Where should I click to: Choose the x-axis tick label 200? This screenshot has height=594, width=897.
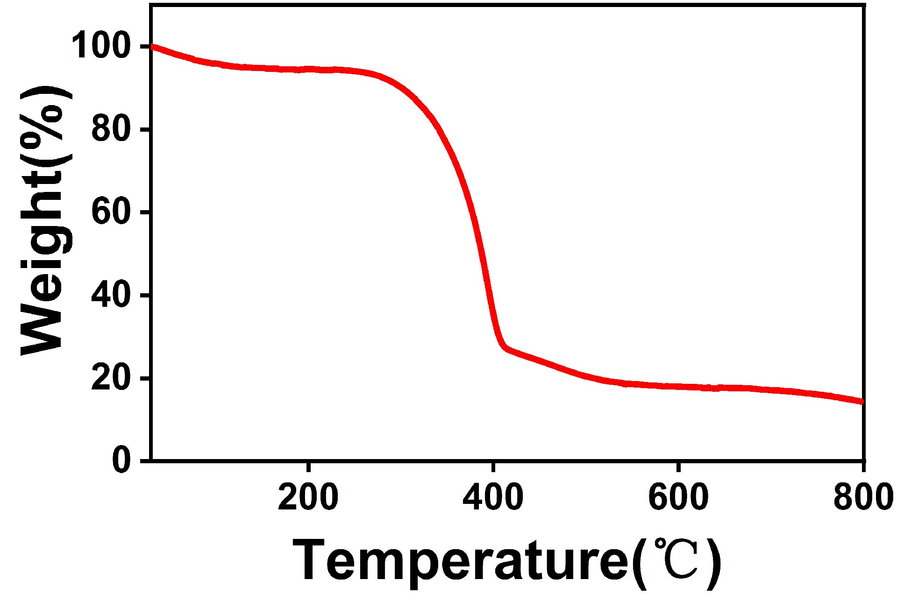[x=308, y=498]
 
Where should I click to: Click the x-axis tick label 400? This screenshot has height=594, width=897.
[x=492, y=498]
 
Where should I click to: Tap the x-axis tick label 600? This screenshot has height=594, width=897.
[x=678, y=498]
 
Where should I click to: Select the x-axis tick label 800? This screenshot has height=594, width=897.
[x=862, y=498]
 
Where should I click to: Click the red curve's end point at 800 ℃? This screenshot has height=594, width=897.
[x=861, y=402]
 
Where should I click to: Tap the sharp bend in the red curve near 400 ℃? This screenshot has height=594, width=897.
[x=504, y=346]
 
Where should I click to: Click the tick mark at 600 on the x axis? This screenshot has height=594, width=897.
[x=677, y=467]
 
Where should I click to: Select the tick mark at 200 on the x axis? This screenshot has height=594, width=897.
[x=308, y=467]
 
